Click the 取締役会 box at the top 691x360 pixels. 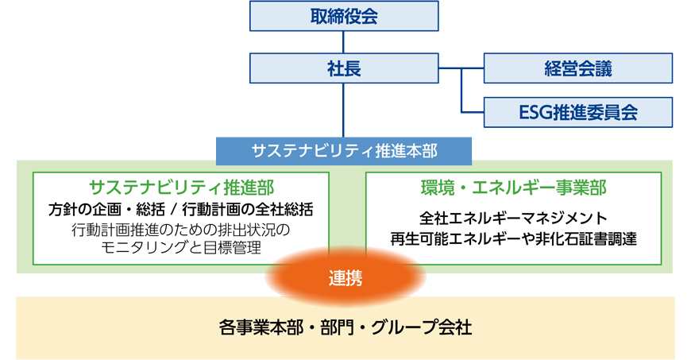tap(344, 16)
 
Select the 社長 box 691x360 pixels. tap(344, 68)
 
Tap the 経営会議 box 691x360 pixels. tap(578, 68)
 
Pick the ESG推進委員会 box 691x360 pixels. tap(578, 112)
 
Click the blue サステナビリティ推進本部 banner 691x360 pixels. tap(344, 149)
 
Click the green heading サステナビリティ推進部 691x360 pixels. tap(182, 188)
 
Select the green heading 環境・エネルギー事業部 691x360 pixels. tap(513, 188)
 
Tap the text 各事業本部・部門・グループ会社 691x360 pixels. tap(344, 327)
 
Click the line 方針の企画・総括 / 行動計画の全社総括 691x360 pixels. tap(182, 210)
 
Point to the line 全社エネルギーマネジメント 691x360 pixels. tap(513, 218)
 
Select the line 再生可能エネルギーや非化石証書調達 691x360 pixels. tap(513, 237)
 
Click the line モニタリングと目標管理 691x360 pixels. tap(182, 248)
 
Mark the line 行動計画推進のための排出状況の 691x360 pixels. tap(182, 230)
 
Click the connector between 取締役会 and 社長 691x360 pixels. tap(344, 42)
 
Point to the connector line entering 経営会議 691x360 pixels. tap(473, 69)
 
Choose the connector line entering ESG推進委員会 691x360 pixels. tap(473, 112)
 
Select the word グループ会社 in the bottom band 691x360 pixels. tap(430, 327)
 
